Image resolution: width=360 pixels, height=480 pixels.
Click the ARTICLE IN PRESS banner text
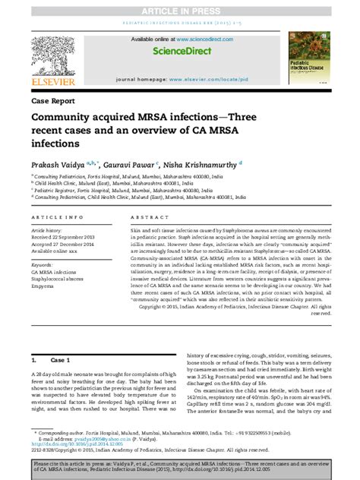[x=180, y=6]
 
